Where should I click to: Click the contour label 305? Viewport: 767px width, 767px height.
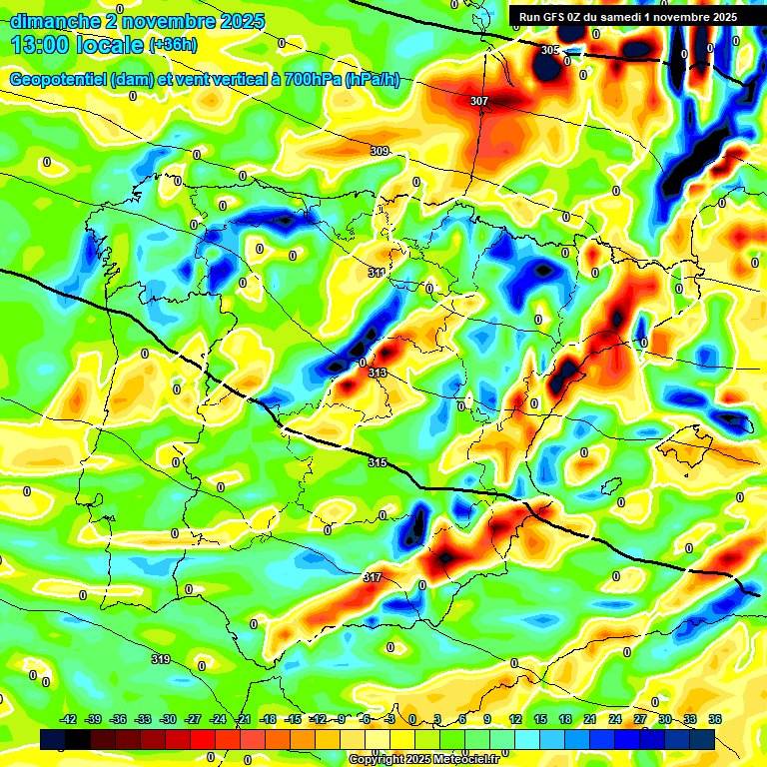pos(550,50)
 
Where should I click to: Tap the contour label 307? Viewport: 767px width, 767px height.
pos(479,101)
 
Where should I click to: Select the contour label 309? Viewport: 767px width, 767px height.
pos(380,151)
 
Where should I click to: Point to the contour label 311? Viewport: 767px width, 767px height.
pos(377,273)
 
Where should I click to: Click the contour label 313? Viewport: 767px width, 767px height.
pos(378,373)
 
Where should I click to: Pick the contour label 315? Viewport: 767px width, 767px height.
pos(377,461)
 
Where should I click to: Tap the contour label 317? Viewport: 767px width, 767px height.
pos(373,577)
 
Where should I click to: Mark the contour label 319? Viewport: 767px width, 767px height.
pos(160,659)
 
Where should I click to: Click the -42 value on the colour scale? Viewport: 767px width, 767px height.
pos(69,719)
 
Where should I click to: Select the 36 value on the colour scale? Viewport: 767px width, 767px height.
pos(715,719)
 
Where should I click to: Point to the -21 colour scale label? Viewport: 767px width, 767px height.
pos(243,719)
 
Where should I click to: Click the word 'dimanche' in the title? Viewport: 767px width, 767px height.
pos(53,21)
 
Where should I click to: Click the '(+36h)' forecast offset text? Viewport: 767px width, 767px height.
pos(173,45)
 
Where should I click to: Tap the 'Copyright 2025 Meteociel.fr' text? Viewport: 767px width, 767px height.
pos(423,759)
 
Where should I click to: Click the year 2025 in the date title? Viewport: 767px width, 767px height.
pos(238,21)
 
